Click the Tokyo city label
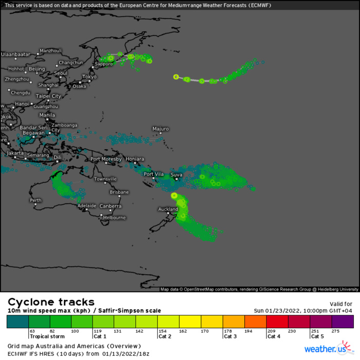(x=89, y=77)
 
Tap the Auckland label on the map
(x=168, y=209)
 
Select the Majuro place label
(x=161, y=129)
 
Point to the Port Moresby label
(x=106, y=159)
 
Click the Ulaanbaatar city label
(x=16, y=54)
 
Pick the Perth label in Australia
(x=35, y=200)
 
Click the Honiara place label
(x=135, y=159)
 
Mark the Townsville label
(x=105, y=179)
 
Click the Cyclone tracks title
(x=51, y=302)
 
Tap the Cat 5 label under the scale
(x=317, y=336)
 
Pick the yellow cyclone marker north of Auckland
(x=174, y=195)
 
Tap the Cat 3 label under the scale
(x=230, y=336)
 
